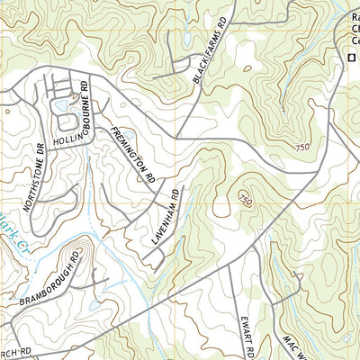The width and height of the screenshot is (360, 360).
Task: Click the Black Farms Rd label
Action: point(212,51)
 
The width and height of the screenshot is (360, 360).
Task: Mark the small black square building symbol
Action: point(351,58)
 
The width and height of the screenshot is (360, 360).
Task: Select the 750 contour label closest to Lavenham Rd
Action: point(245,199)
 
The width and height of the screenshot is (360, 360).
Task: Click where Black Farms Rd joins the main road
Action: point(178,137)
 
